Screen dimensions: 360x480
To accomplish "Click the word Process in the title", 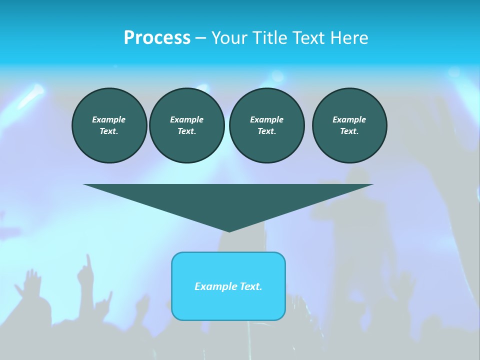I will tap(157, 38).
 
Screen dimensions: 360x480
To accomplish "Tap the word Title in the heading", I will tap(270, 38).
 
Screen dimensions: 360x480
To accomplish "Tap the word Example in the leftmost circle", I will tap(109, 119).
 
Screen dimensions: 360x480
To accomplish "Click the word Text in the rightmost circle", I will tap(349, 131).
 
